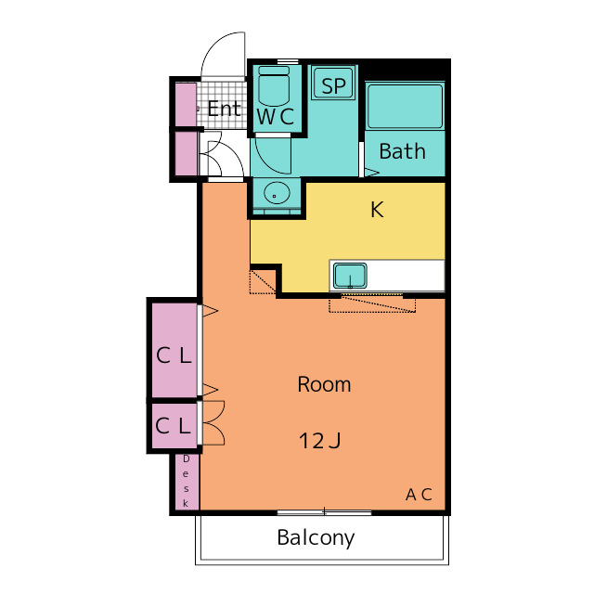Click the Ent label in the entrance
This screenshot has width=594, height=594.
(224, 110)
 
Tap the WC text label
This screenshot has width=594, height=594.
(276, 116)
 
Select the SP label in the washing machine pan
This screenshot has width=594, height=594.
(334, 86)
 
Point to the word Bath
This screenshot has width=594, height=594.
(402, 151)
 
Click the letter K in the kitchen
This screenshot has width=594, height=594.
(378, 210)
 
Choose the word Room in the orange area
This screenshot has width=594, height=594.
(324, 384)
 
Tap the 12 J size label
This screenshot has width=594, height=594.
(320, 441)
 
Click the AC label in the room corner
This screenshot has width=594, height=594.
(419, 495)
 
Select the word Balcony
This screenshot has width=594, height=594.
(316, 538)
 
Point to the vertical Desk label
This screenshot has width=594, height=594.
(186, 481)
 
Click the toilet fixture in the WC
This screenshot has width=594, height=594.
(274, 86)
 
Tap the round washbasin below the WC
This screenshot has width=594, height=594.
(277, 193)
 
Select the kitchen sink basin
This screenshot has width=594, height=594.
(350, 276)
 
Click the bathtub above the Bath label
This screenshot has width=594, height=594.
(405, 107)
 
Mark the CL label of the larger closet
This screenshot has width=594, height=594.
(174, 355)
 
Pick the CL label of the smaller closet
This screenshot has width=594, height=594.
(173, 425)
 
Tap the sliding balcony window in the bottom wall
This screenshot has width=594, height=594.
(324, 513)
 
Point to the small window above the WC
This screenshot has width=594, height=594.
(288, 61)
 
